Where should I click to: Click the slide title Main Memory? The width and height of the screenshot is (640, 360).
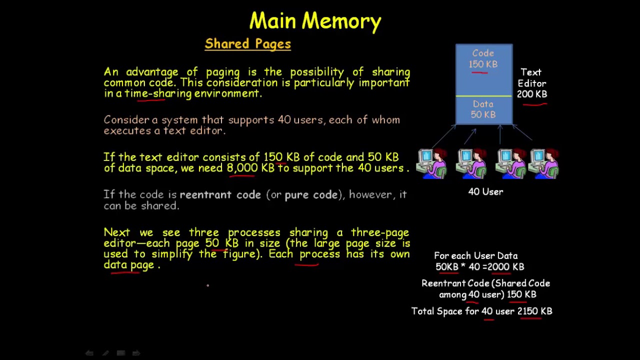[x=315, y=21]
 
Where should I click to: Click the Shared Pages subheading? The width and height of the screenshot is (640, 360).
[x=247, y=44]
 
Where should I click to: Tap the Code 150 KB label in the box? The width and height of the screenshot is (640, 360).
[x=483, y=59]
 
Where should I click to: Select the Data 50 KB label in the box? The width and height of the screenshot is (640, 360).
[x=483, y=109]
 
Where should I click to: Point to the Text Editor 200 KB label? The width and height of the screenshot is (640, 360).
[x=531, y=83]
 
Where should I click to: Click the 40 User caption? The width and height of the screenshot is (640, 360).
[x=485, y=192]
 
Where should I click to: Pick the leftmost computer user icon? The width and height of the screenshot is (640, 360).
[x=432, y=163]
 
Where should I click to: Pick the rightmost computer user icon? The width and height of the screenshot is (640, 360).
[x=543, y=163]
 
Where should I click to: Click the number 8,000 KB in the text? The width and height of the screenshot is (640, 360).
[x=250, y=168]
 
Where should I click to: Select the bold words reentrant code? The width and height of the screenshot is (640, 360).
[x=220, y=195]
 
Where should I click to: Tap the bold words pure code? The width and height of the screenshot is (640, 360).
[x=311, y=195]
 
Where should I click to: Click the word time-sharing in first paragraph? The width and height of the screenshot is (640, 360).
[x=158, y=94]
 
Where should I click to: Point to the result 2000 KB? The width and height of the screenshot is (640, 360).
[x=505, y=267]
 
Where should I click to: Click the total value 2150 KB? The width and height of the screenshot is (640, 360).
[x=534, y=311]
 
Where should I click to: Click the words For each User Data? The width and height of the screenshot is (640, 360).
[x=475, y=256]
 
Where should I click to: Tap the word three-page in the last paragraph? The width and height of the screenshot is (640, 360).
[x=379, y=232]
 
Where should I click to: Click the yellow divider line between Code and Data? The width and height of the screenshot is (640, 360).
[x=483, y=96]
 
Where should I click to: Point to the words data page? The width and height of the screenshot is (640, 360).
[x=128, y=265]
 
